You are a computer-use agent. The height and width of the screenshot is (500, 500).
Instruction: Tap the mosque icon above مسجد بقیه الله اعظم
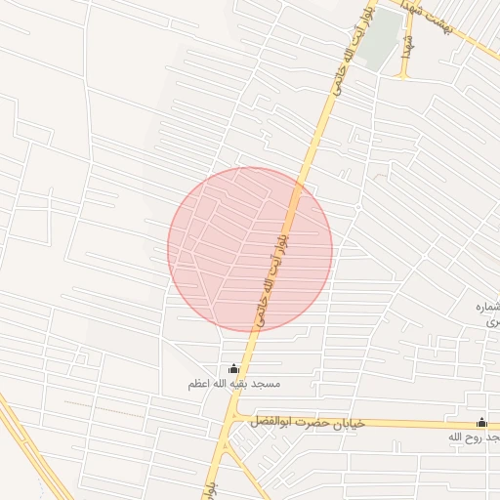click(232, 369)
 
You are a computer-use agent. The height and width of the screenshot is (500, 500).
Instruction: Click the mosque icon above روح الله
click(481, 422)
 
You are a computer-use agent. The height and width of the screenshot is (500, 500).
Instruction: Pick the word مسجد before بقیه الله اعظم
click(268, 385)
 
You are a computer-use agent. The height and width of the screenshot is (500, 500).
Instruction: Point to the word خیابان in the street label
click(348, 423)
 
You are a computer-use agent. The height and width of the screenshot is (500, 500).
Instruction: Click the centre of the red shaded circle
click(250, 249)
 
